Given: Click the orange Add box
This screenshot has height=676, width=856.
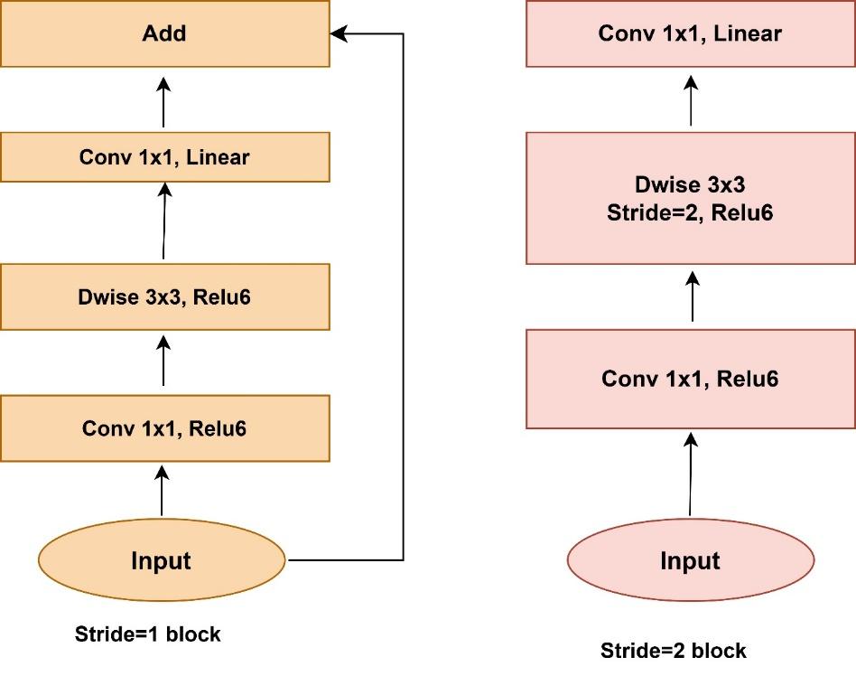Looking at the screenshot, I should pyautogui.click(x=164, y=34).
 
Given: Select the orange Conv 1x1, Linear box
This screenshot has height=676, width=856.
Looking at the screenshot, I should pyautogui.click(x=164, y=157).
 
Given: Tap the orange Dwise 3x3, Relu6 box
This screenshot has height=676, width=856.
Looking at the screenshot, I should pyautogui.click(x=164, y=296).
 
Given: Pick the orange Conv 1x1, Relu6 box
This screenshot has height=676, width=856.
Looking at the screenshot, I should pyautogui.click(x=164, y=427).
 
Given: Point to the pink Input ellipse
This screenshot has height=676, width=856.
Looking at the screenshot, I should pyautogui.click(x=691, y=560).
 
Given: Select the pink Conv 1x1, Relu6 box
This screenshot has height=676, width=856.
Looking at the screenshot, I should pyautogui.click(x=691, y=378).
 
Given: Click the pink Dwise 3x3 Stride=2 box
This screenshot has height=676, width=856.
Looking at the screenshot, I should pyautogui.click(x=691, y=199).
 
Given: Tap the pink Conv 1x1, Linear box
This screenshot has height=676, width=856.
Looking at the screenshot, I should pyautogui.click(x=691, y=34).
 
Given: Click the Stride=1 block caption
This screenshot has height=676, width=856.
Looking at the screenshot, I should pyautogui.click(x=147, y=634).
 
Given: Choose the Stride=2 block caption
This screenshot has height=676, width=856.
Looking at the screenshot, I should pyautogui.click(x=674, y=650).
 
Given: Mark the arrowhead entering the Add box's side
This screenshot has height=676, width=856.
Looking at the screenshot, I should pyautogui.click(x=337, y=34).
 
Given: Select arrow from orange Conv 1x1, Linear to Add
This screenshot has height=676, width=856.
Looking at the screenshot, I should pyautogui.click(x=163, y=101).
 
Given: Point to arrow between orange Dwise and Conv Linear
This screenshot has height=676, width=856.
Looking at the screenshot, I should pyautogui.click(x=163, y=221).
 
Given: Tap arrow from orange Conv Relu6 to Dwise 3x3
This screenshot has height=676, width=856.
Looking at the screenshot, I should pyautogui.click(x=163, y=359).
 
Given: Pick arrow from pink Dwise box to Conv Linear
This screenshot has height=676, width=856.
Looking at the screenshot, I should pyautogui.click(x=691, y=99).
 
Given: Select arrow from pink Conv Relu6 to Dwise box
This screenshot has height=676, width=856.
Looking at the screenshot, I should pyautogui.click(x=691, y=296).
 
